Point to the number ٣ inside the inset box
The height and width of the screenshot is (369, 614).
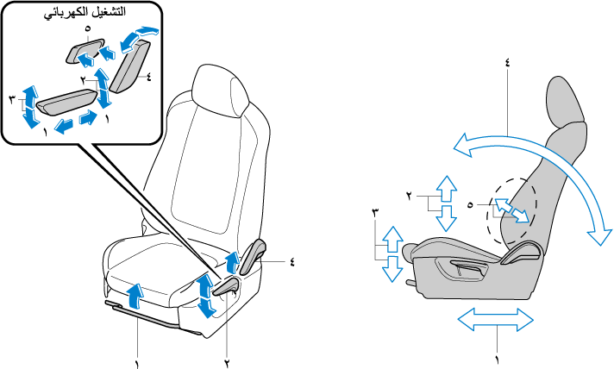(11, 101)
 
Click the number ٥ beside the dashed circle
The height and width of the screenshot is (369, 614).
(470, 205)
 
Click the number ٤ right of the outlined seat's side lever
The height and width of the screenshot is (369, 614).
(292, 261)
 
